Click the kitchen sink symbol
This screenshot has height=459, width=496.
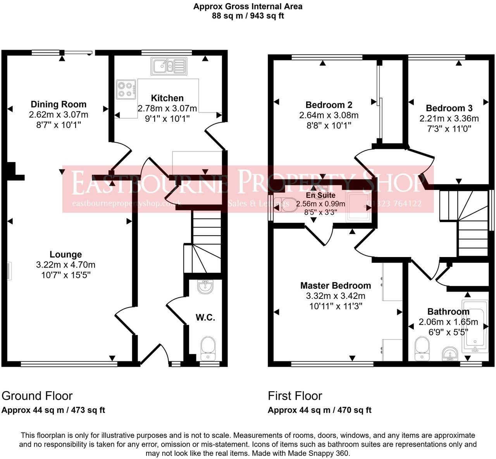pos(169,66)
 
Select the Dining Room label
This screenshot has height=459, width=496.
pos(59,104)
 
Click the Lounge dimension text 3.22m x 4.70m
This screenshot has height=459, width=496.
pos(65,265)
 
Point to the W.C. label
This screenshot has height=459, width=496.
pos(205,318)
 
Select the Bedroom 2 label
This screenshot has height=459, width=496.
pos(329,105)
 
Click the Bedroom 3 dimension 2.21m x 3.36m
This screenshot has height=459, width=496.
pos(449,118)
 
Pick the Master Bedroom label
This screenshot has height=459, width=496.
pos(336,286)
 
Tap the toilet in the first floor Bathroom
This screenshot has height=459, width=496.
pos(421,348)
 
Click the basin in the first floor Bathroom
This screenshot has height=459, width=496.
pos(449,353)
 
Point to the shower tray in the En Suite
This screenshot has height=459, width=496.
pos(359,206)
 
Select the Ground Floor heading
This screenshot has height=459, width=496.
pos(37,396)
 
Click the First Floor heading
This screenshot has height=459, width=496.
pos(295,396)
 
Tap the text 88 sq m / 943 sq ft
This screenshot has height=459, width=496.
pos(248,16)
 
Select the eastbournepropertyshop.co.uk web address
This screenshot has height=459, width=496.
pos(127,204)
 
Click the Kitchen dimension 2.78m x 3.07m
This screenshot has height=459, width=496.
pos(167,108)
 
